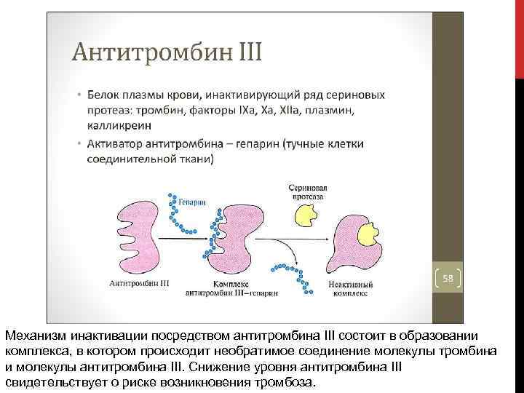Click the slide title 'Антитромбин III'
tap(167, 54)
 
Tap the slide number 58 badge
tap(448, 278)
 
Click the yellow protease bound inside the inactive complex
tap(368, 234)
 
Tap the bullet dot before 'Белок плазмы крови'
tap(81, 95)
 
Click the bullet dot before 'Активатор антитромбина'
tap(81, 143)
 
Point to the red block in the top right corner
tap(519, 36)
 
